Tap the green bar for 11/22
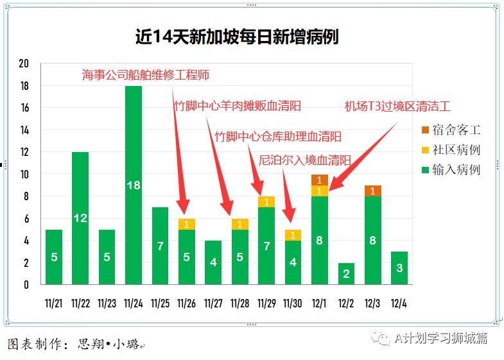click(x=80, y=218)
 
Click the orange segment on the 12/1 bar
click(x=320, y=180)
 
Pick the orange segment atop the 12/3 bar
click(x=373, y=191)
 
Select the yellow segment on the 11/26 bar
click(x=187, y=224)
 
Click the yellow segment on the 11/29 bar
click(x=266, y=201)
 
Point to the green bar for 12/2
click(x=346, y=274)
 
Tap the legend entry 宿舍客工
click(x=450, y=130)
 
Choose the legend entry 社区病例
click(x=450, y=150)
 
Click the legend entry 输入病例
click(x=450, y=169)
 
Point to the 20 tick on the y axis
click(x=24, y=64)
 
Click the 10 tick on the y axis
click(x=24, y=174)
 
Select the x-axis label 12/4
click(x=399, y=303)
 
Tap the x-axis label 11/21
click(x=54, y=303)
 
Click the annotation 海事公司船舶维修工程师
click(x=146, y=75)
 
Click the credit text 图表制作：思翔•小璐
click(x=76, y=344)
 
